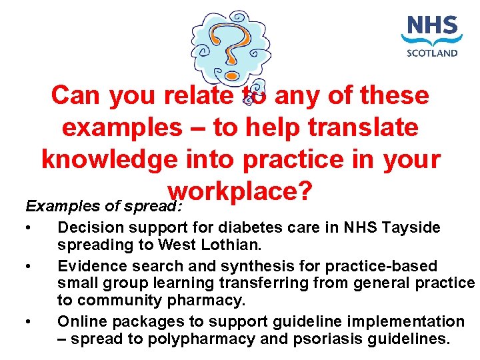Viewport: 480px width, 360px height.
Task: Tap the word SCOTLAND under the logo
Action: (432, 53)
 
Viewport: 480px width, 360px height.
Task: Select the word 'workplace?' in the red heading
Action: (241, 192)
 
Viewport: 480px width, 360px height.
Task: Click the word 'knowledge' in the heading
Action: (115, 160)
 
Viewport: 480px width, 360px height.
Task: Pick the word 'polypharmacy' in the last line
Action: (201, 338)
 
